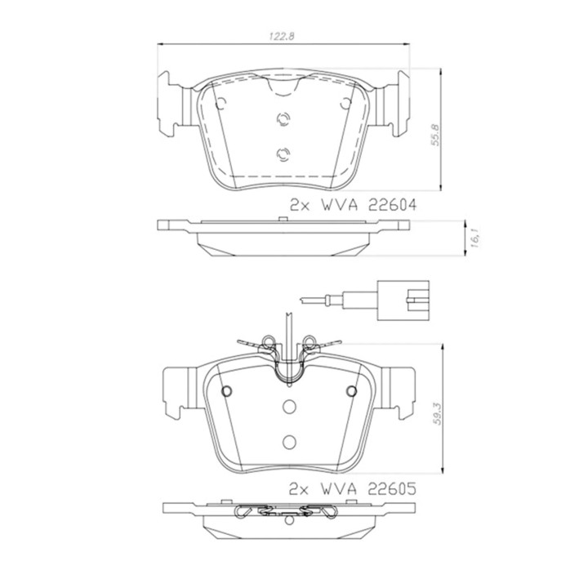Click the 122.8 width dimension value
tap(282, 37)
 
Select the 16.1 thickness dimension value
tap(474, 238)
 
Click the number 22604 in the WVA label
tap(392, 205)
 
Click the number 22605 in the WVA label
tap(391, 488)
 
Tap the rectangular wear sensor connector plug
tap(403, 300)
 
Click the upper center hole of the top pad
tap(283, 119)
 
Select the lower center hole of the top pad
tap(283, 154)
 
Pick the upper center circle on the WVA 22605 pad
tap(289, 406)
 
